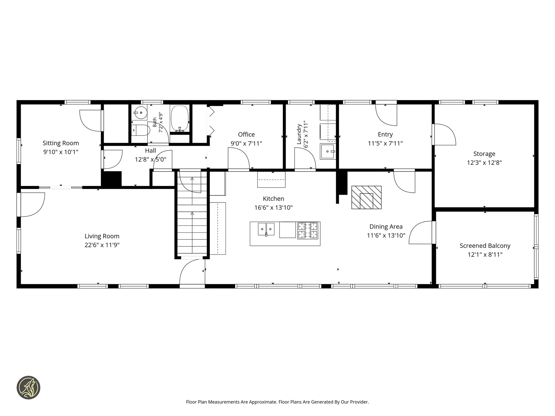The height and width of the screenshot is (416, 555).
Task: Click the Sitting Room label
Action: pos(61,143)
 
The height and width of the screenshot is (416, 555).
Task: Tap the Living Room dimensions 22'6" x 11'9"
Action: pos(102,245)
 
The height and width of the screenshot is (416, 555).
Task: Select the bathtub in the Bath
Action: pos(180,119)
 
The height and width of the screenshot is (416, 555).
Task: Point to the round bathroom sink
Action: pos(140,112)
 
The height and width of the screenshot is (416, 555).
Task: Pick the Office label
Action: pos(246,134)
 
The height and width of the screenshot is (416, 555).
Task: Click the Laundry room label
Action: pos(299,134)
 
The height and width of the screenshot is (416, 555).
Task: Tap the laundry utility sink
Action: pos(328,151)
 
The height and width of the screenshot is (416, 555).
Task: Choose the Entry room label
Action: pos(385,134)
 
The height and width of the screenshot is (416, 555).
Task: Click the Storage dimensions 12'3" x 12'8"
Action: pos(484,163)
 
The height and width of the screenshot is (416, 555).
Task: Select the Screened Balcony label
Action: pos(485,246)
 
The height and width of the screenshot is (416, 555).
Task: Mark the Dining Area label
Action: pos(386,227)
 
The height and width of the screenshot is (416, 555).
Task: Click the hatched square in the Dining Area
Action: pos(366,197)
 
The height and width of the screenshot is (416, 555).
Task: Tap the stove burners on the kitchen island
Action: pos(308,230)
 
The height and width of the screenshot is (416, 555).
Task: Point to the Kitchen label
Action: pos(273,199)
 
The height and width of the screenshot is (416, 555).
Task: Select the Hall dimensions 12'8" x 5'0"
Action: pos(151,159)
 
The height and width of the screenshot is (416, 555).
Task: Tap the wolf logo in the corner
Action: pos(28,388)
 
